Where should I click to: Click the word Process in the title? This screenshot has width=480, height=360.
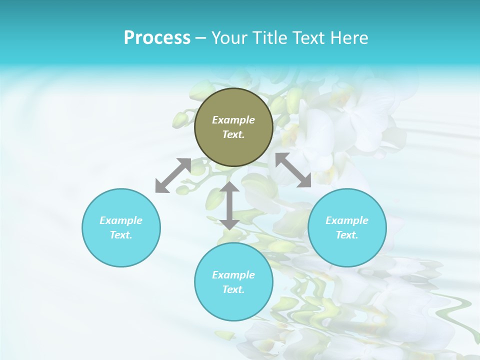coord(157,38)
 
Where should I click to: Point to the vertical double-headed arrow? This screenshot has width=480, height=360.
coord(230,205)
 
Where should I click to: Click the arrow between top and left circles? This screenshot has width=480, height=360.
coord(173,175)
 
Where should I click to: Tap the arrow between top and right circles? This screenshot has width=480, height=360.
coord(293,170)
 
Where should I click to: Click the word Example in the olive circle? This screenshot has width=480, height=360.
coord(233,120)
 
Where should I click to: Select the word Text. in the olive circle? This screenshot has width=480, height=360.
coord(233,134)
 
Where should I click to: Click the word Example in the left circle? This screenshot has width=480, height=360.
coord(121,220)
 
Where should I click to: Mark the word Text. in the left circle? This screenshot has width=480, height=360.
coord(121,235)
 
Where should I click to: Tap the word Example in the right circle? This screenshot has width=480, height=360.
coord(347,220)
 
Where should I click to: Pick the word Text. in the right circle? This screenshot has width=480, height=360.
coord(347,235)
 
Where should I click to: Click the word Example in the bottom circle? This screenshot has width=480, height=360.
coord(233,275)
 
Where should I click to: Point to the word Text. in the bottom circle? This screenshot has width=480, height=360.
coord(233,289)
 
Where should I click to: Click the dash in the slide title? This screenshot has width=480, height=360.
coord(201,38)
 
